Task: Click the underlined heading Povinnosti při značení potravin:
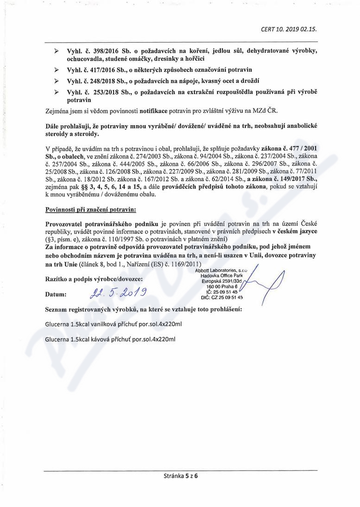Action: [x=91, y=210]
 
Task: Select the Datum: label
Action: [x=56, y=294]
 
